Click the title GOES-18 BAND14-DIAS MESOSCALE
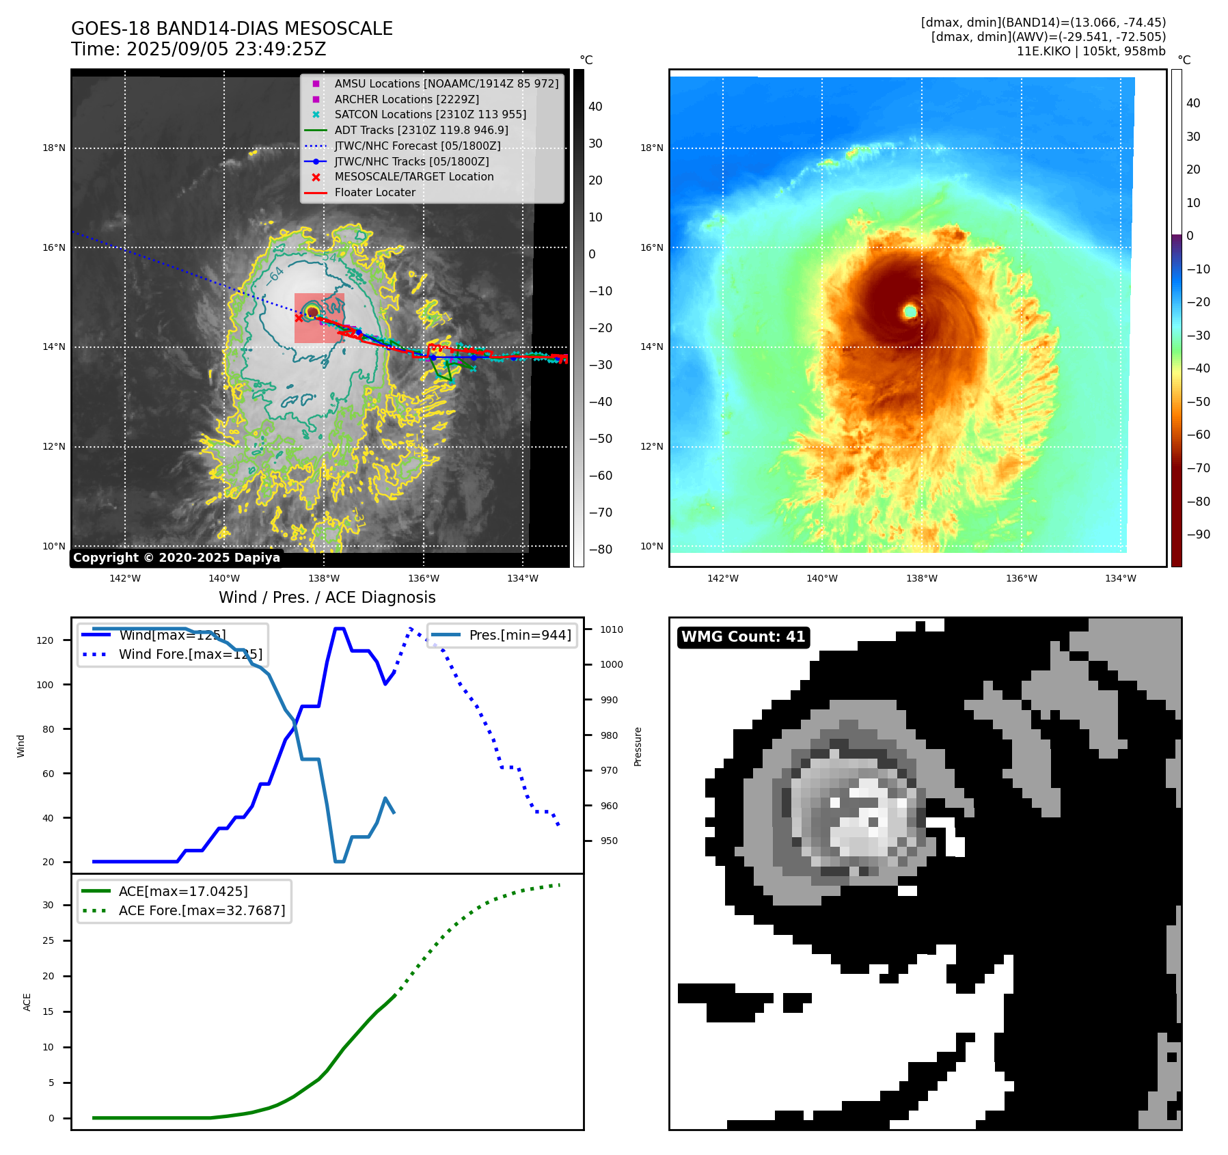click(232, 29)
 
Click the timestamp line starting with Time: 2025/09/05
click(198, 49)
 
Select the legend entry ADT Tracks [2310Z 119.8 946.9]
click(421, 130)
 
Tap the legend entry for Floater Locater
click(374, 192)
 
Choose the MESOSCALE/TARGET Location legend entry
click(413, 176)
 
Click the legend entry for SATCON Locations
click(430, 114)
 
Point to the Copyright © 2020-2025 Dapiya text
click(176, 558)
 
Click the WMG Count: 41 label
click(743, 637)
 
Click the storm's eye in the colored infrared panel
click(910, 312)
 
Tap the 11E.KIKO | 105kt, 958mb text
click(1091, 51)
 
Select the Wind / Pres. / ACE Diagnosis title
click(327, 597)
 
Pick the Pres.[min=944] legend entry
click(519, 635)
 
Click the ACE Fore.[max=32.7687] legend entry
click(202, 910)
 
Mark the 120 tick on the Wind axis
click(45, 640)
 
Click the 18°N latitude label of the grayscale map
click(54, 148)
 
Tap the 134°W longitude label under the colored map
click(1120, 578)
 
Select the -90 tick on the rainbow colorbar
click(1198, 534)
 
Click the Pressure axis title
click(638, 746)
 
